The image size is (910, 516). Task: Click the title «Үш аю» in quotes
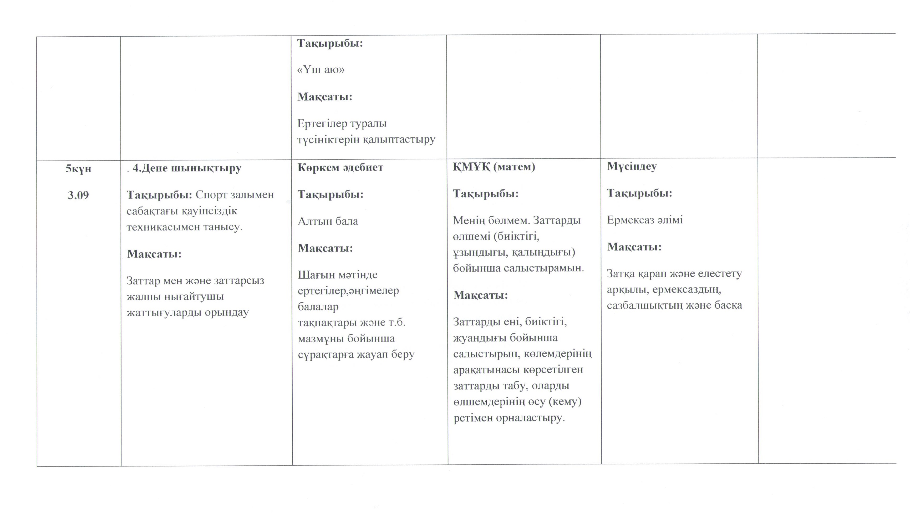pos(321,69)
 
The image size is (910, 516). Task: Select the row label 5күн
pos(78,169)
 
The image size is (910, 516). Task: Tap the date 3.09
pos(78,195)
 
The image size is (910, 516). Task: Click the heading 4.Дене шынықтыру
pos(187,168)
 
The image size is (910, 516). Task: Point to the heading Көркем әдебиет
pos(340,168)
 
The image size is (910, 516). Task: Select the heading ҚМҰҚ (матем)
pos(494,167)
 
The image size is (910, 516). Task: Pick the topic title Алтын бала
pos(328,221)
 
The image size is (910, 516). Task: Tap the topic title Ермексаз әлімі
pos(645,220)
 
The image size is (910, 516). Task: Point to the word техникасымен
pos(163,227)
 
